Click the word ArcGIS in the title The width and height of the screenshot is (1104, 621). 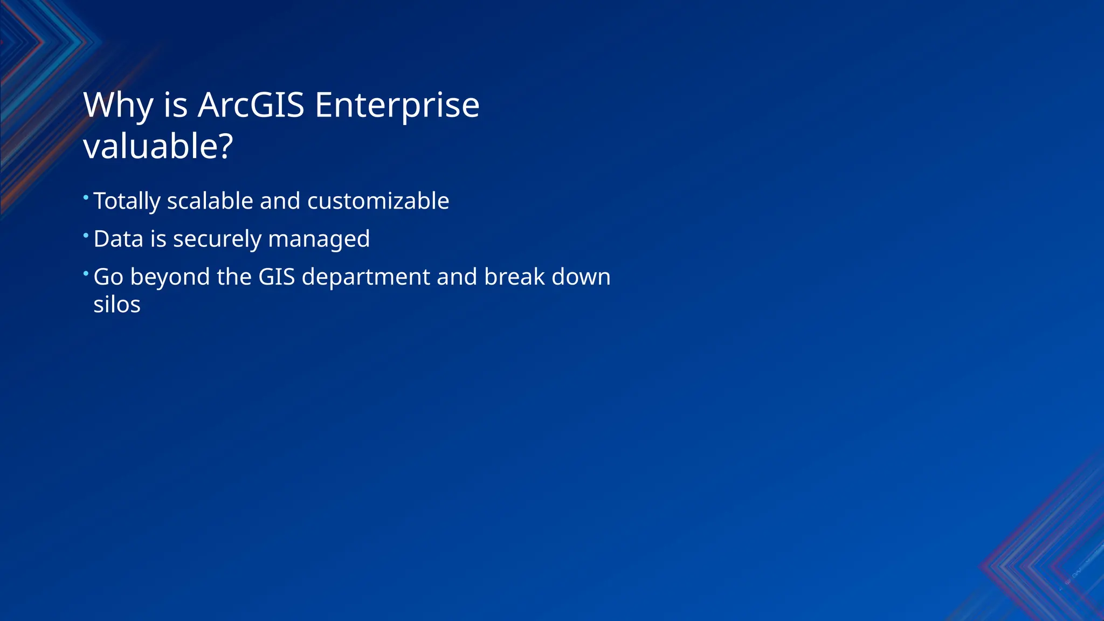(x=251, y=105)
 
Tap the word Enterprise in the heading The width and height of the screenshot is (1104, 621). (x=397, y=106)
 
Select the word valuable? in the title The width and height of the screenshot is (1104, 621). (x=158, y=147)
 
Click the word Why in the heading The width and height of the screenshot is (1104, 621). (x=118, y=106)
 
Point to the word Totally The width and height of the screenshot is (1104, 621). (x=127, y=202)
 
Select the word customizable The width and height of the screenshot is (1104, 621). (x=378, y=201)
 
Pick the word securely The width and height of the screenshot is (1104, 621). (x=217, y=239)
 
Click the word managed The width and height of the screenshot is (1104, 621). (x=319, y=239)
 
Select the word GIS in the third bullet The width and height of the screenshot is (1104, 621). (x=277, y=277)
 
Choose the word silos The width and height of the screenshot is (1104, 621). (x=117, y=305)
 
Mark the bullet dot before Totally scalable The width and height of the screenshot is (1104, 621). (x=86, y=197)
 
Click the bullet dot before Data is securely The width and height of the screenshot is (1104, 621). (x=86, y=235)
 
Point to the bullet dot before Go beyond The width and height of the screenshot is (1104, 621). (x=86, y=273)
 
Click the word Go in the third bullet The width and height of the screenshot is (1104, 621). (x=108, y=277)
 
